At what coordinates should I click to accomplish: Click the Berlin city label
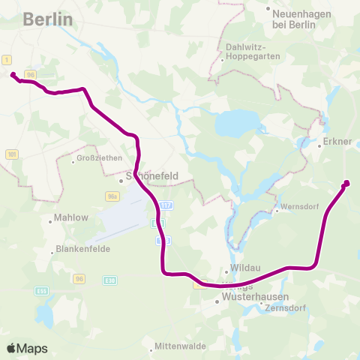click(48, 19)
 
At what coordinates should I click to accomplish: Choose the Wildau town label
click(241, 272)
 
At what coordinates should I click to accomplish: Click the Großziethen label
click(94, 160)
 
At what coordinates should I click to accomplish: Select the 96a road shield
click(112, 196)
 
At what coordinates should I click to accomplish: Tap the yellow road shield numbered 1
click(7, 58)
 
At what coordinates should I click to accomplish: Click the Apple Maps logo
click(27, 348)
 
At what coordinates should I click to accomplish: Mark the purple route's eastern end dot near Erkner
click(346, 183)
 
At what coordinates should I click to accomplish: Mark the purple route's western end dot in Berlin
click(13, 74)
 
